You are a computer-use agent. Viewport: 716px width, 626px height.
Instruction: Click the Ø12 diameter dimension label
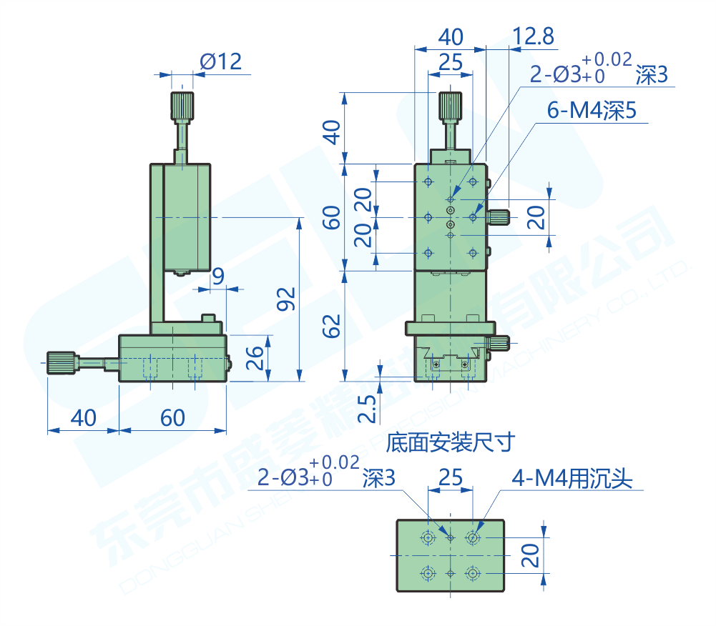click(x=221, y=61)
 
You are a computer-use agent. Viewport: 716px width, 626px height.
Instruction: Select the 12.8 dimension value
click(x=533, y=36)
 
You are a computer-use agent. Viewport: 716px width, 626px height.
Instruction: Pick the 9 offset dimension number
click(x=219, y=275)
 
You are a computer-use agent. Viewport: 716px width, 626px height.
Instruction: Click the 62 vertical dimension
click(x=332, y=326)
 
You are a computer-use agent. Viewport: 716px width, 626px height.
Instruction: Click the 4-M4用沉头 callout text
click(x=572, y=479)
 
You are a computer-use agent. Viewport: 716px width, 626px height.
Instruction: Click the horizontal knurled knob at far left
click(x=62, y=363)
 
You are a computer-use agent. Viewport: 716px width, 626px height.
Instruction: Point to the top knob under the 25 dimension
click(x=450, y=106)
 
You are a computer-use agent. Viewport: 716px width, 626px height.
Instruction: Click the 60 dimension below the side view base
click(x=172, y=417)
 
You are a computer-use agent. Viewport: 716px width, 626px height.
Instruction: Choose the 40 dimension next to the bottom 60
click(x=83, y=417)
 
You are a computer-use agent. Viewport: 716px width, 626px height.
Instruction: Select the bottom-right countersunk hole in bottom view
click(x=472, y=572)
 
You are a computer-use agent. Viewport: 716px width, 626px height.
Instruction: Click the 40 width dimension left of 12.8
click(x=450, y=36)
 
